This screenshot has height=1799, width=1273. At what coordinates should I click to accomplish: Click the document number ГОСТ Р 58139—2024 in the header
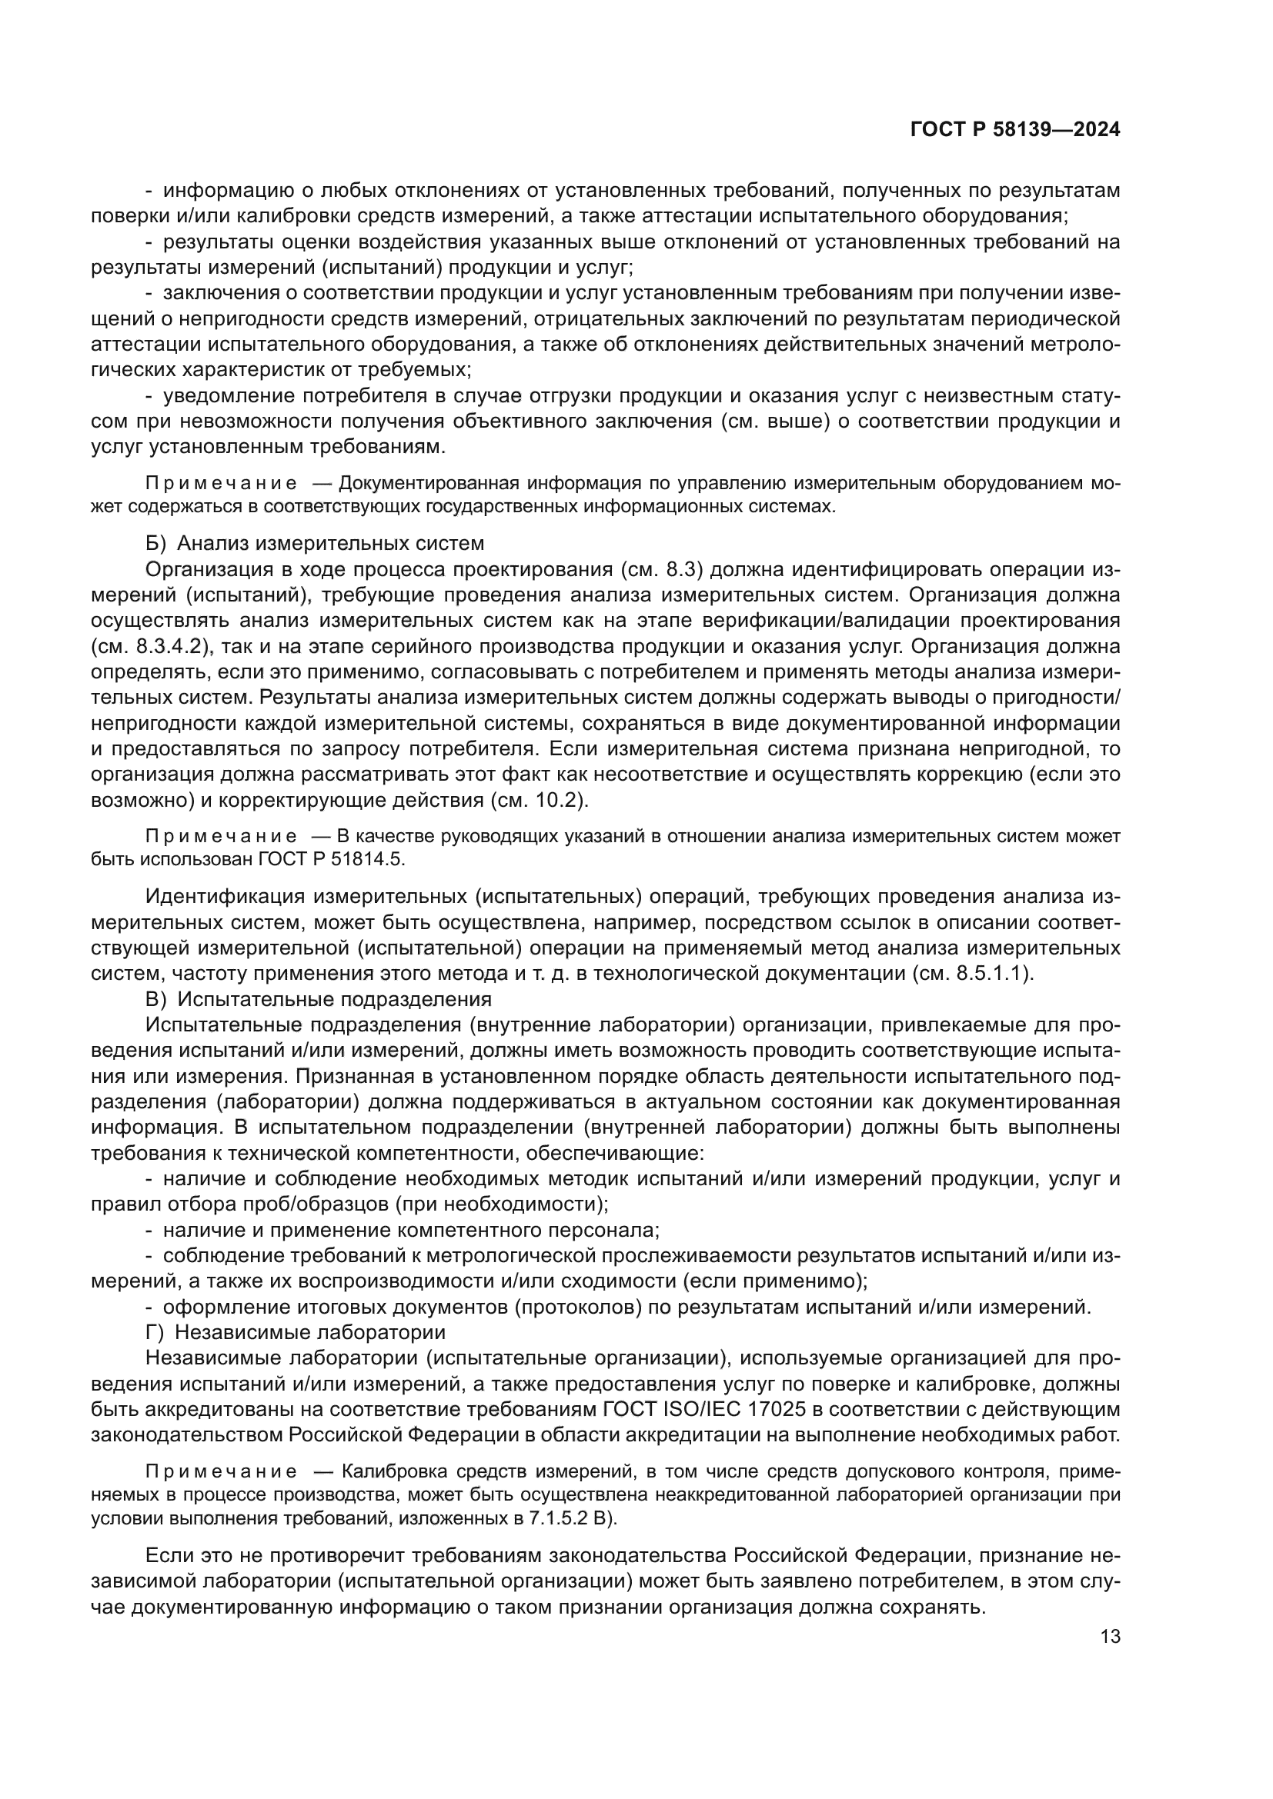(x=1015, y=130)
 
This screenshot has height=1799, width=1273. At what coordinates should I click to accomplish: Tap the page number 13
(x=1110, y=1637)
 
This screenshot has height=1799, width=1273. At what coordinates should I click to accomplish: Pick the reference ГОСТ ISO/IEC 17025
(x=705, y=1410)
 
